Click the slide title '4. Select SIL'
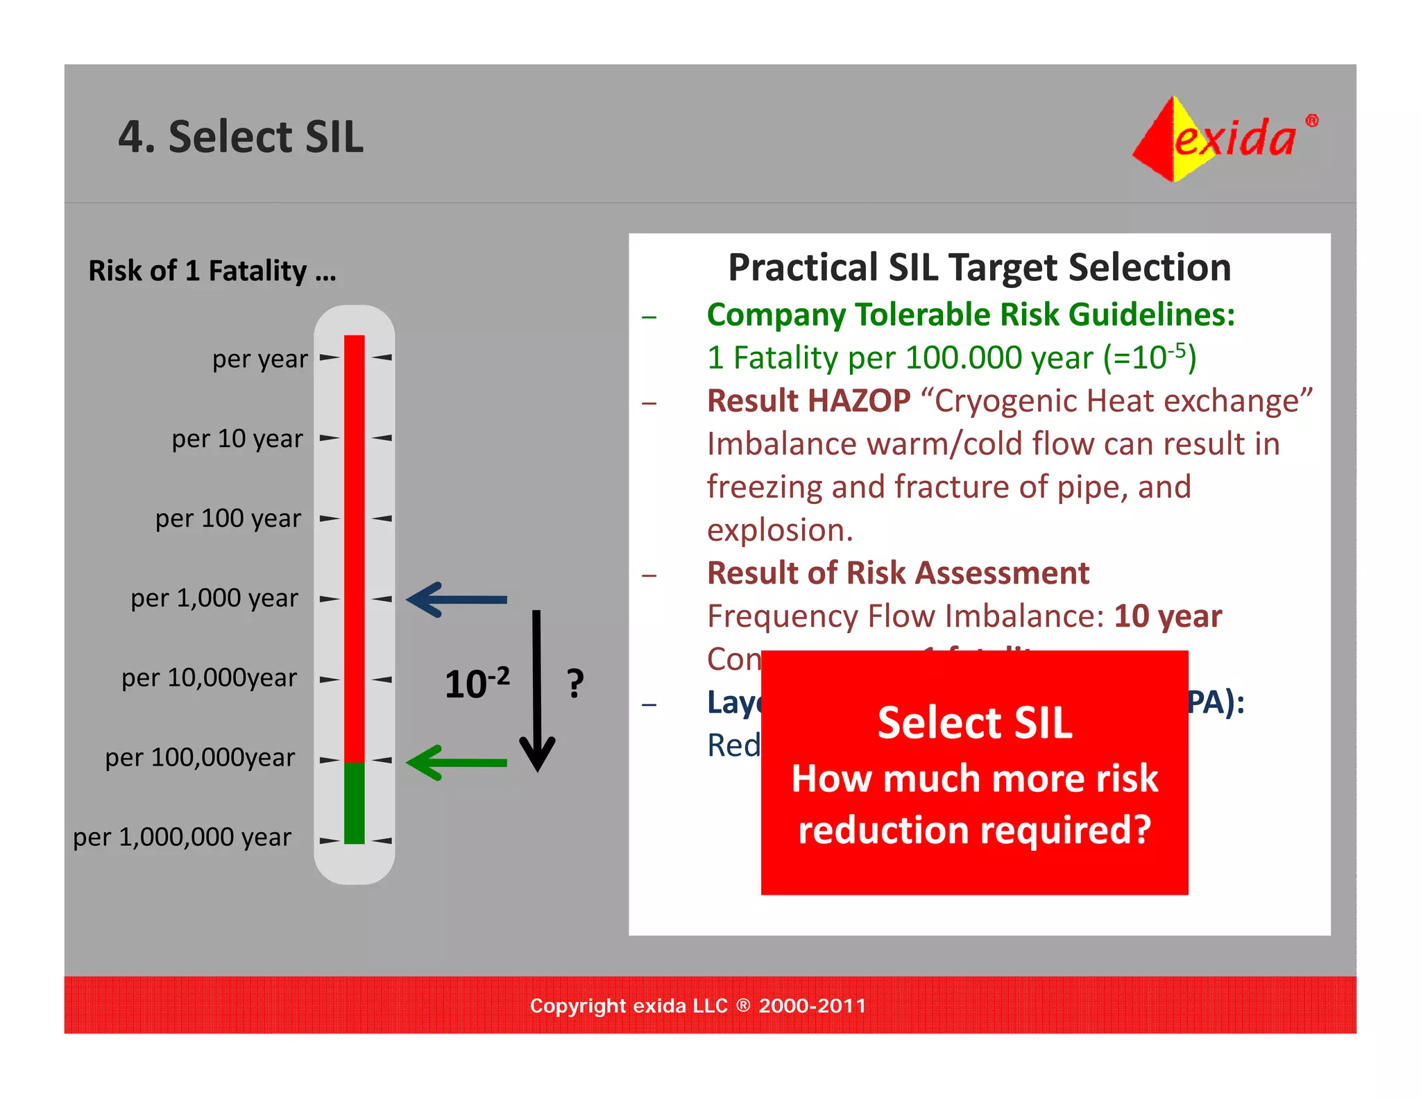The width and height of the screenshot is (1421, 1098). (x=240, y=137)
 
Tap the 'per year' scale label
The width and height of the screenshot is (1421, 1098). (x=259, y=359)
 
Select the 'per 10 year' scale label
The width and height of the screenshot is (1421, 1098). (x=237, y=439)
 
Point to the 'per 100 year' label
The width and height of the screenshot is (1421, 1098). (x=228, y=518)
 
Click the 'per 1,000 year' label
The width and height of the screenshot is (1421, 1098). (x=214, y=598)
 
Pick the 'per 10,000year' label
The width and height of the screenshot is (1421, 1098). (x=209, y=677)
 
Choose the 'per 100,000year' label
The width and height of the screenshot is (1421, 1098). (x=200, y=757)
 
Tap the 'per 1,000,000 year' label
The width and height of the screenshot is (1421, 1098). (x=182, y=837)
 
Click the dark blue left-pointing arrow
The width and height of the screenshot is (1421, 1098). (x=456, y=599)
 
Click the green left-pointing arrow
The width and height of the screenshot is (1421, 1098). (x=456, y=763)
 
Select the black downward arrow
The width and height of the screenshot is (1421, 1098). (x=537, y=691)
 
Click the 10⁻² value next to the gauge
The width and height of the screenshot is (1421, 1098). (x=477, y=684)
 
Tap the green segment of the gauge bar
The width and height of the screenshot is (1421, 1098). (x=354, y=802)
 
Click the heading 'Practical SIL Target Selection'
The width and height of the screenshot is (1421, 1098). (x=979, y=267)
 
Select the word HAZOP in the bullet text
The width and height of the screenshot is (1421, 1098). (x=859, y=401)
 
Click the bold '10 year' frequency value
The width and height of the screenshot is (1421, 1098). (x=1168, y=616)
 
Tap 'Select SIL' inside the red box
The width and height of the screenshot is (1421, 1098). (x=974, y=723)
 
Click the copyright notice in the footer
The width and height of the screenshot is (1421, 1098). (x=698, y=1006)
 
